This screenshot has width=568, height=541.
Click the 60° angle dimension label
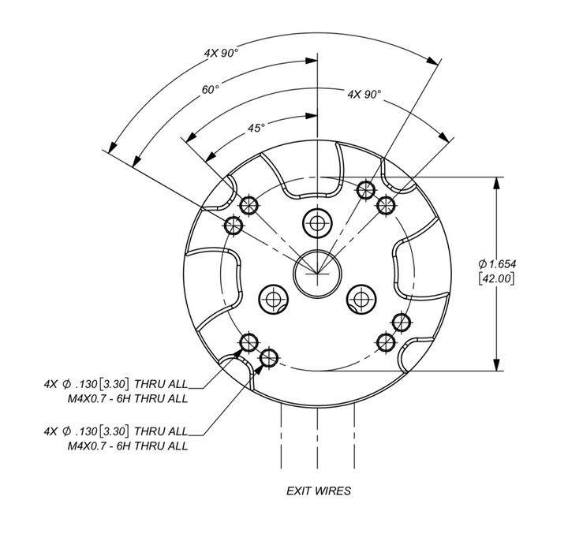point(209,89)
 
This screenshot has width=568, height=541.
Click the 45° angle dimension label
point(256,127)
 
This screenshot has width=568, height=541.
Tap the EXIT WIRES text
point(318,491)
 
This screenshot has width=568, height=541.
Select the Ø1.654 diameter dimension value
point(497,263)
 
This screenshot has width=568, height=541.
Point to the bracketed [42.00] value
point(496,278)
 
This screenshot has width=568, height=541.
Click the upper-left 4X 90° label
point(221,53)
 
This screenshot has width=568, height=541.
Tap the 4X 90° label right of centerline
point(364,94)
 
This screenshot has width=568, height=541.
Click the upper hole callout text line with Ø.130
point(116,385)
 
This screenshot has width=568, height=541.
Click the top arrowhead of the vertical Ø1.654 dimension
point(496,181)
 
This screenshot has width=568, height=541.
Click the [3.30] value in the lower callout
point(114,432)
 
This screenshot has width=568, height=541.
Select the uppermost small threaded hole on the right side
point(365,189)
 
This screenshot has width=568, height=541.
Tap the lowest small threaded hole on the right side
point(386,341)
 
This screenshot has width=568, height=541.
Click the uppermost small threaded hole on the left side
point(250,204)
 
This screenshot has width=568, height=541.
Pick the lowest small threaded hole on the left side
point(269,357)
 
